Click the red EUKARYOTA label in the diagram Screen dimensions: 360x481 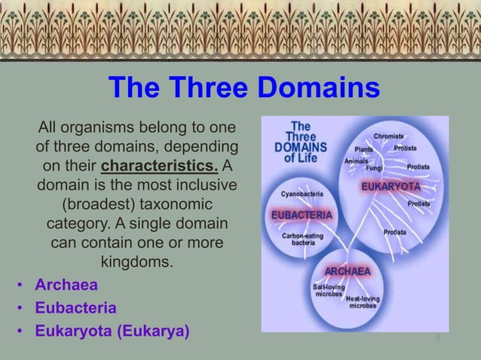[391, 186]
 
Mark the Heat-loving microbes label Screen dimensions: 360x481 [362, 303]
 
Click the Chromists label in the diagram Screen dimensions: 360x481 [388, 136]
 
